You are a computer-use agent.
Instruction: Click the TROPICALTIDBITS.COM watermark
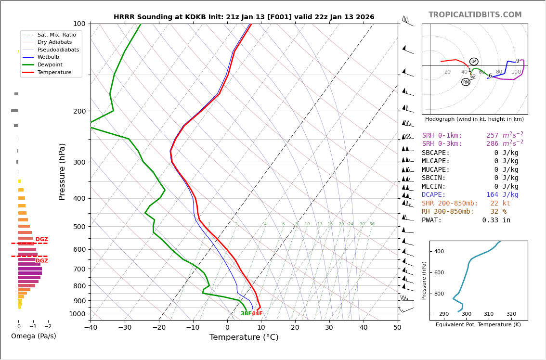(x=475, y=15)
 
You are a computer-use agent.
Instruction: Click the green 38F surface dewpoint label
(x=246, y=314)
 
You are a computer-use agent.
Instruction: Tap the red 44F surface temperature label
(x=257, y=314)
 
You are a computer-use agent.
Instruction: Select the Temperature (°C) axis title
(x=244, y=337)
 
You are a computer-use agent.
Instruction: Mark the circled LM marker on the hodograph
(x=474, y=62)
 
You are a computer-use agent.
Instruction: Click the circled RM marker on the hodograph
(x=466, y=82)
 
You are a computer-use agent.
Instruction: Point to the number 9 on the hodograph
(x=518, y=61)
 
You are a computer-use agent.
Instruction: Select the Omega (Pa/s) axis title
(x=33, y=336)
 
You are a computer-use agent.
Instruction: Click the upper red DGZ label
(x=42, y=240)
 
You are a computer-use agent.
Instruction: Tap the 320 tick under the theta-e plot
(x=511, y=314)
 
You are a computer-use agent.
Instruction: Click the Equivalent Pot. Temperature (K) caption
(x=478, y=325)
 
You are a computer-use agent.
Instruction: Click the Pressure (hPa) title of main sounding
(x=63, y=171)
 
